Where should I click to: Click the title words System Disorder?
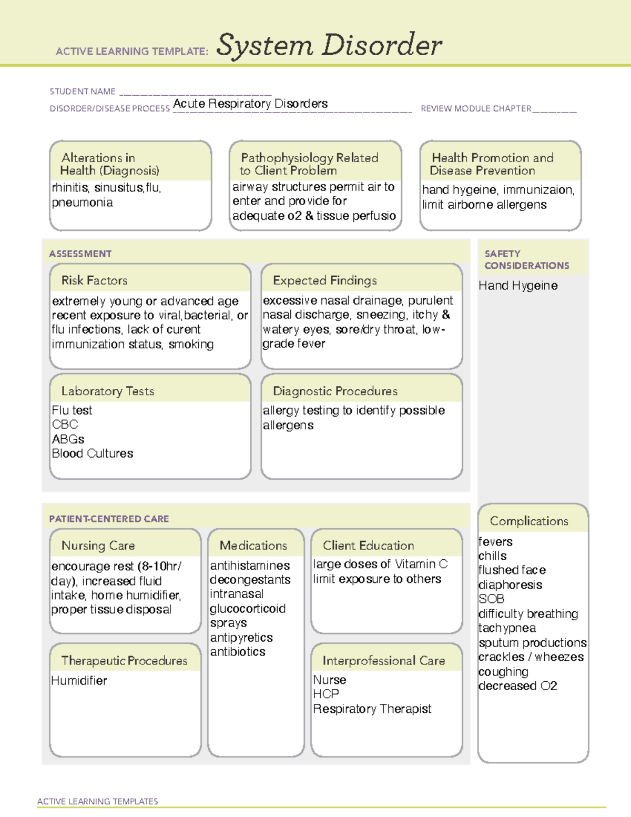[x=329, y=45]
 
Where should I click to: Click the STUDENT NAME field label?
[x=83, y=92]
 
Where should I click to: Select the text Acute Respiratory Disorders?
[x=250, y=104]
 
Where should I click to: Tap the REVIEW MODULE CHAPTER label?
[x=476, y=109]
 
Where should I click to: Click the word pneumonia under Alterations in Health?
[x=82, y=203]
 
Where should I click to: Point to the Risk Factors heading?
[x=94, y=280]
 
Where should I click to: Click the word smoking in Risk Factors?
[x=191, y=344]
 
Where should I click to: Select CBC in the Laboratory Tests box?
[x=65, y=425]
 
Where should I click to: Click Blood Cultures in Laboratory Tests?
[x=93, y=453]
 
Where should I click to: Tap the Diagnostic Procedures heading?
[x=335, y=391]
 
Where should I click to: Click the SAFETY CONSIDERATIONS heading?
[x=526, y=260]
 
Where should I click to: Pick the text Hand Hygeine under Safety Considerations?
[x=518, y=286]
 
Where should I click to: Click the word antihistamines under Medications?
[x=250, y=566]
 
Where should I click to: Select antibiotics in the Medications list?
[x=238, y=652]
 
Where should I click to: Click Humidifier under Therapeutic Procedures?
[x=79, y=681]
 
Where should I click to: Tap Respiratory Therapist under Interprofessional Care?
[x=372, y=709]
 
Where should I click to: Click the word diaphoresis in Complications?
[x=510, y=585]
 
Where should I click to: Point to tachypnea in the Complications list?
[x=507, y=628]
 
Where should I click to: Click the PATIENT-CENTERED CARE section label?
[x=109, y=519]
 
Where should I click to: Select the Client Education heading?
[x=368, y=546]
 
